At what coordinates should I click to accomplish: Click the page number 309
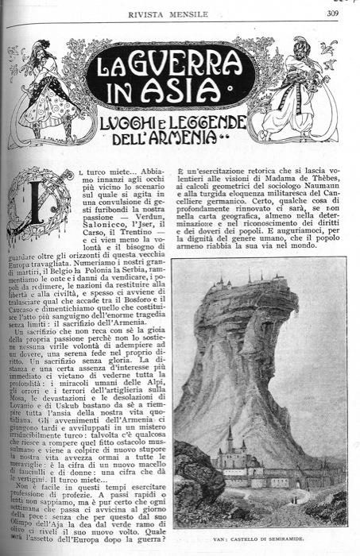pyautogui.click(x=331, y=11)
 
